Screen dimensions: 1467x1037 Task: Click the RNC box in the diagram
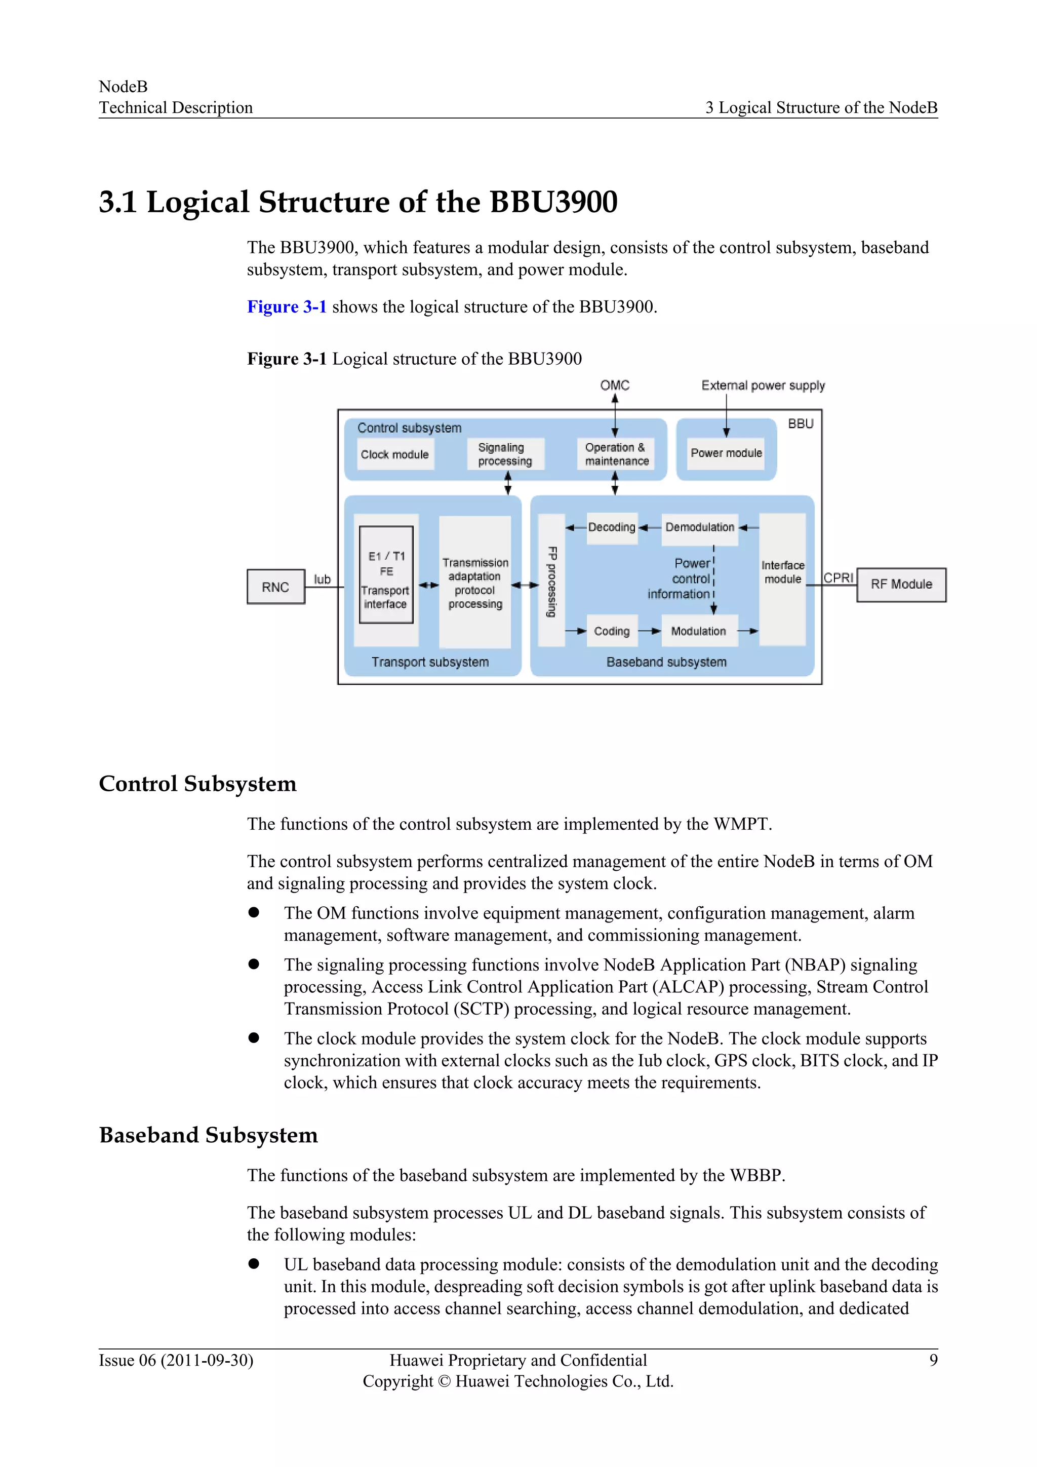(276, 587)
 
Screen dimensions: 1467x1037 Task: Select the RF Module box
(901, 584)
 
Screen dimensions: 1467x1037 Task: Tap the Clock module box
(394, 454)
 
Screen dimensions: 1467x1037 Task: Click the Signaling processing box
(504, 454)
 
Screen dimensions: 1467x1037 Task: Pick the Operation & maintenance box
(616, 454)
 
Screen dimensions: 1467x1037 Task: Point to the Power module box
(726, 453)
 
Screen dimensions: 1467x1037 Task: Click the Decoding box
(612, 527)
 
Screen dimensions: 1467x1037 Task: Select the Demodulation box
(699, 527)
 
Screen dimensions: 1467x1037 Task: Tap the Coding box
(612, 631)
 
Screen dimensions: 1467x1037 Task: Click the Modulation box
(699, 631)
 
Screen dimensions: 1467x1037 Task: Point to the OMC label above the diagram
(614, 385)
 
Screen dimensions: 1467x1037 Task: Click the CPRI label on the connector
(839, 577)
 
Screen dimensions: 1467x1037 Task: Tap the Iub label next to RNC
(322, 579)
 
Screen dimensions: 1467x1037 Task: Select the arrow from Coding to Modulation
(650, 631)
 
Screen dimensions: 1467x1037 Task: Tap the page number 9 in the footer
(933, 1360)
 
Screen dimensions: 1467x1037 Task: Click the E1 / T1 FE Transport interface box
(386, 575)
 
